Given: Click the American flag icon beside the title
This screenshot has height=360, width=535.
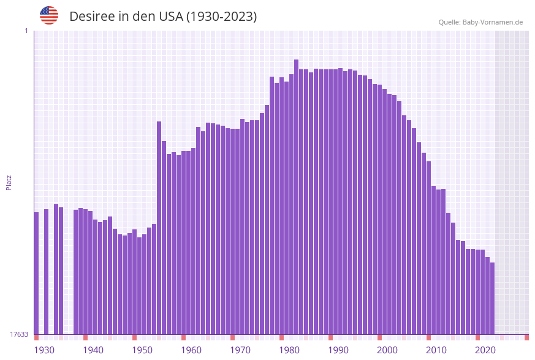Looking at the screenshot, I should (x=49, y=15).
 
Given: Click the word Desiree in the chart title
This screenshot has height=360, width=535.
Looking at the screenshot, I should (x=92, y=17).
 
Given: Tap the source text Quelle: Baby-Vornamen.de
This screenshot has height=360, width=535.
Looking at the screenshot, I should (x=480, y=22).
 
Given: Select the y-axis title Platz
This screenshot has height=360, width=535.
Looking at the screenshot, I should (x=9, y=182).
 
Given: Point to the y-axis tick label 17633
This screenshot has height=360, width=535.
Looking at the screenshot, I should (x=19, y=334).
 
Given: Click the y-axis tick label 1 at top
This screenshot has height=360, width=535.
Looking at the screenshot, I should (x=26, y=31).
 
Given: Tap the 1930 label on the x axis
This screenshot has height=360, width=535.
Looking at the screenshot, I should (x=44, y=350).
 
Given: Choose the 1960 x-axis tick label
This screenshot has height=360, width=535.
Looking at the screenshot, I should (x=191, y=350).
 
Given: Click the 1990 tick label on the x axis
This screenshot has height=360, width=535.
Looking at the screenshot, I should (x=338, y=350).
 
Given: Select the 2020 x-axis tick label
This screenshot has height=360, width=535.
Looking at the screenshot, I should (x=485, y=350).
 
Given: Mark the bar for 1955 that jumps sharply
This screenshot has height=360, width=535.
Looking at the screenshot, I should (x=159, y=227).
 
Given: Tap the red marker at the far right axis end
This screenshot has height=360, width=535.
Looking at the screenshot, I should (x=526, y=337).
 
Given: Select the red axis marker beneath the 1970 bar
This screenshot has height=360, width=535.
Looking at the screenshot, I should (x=232, y=337).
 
